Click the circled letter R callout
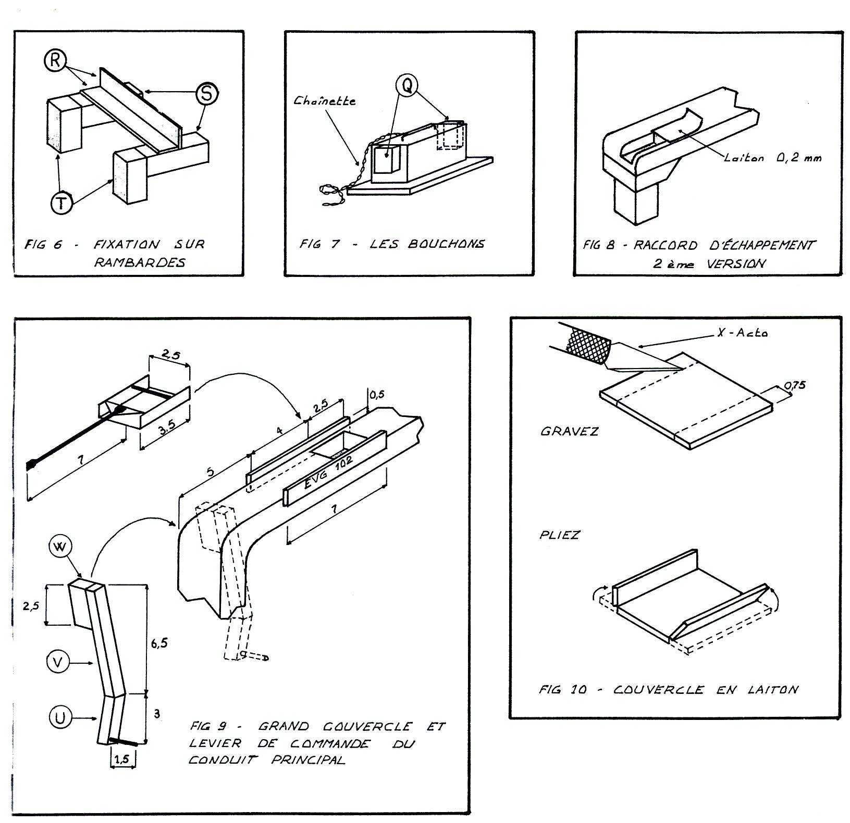(54, 61)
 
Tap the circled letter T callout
(61, 202)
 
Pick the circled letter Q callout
(406, 83)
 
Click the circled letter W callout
(61, 547)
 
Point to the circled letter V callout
(58, 662)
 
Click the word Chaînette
(324, 101)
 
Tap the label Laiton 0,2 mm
(772, 157)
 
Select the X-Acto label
(742, 333)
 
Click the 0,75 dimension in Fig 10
(795, 385)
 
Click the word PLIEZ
(560, 535)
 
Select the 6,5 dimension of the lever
(159, 643)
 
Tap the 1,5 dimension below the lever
(122, 759)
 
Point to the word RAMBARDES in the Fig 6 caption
(139, 262)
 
